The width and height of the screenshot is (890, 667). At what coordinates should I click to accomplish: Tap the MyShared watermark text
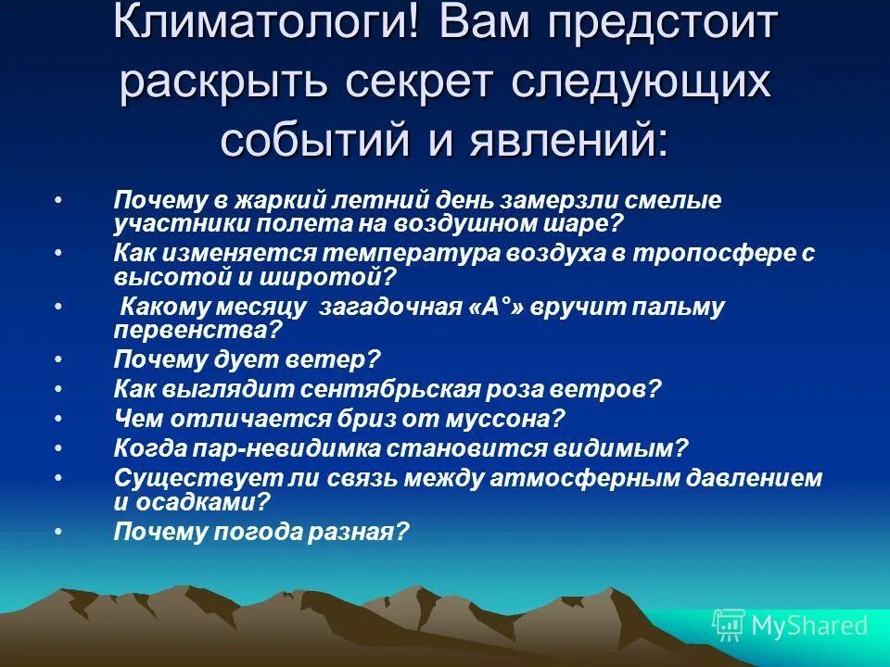pos(809,626)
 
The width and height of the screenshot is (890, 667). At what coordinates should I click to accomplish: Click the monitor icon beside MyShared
pos(729,626)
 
